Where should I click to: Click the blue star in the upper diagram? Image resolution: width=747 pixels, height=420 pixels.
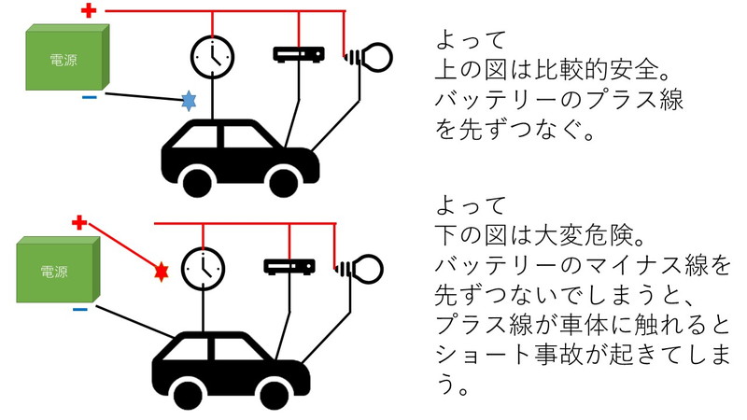point(190,101)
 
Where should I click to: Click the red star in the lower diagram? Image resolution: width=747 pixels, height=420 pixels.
point(161,272)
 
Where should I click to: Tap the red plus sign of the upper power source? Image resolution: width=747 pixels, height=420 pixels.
point(89,10)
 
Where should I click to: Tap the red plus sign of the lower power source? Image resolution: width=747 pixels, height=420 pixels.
point(79,222)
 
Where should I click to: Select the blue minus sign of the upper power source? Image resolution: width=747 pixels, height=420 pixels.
point(90,98)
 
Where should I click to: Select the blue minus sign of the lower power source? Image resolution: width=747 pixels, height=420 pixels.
point(80,310)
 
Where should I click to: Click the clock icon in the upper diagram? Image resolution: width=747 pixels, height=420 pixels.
point(213,57)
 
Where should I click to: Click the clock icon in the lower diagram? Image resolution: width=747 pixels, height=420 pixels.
point(204,269)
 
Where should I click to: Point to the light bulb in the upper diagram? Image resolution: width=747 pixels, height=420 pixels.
point(367,57)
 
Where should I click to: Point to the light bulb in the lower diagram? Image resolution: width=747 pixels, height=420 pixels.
point(359,269)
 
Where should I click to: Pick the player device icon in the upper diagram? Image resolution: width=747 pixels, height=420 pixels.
point(299,54)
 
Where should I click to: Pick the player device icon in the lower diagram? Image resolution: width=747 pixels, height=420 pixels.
point(289,267)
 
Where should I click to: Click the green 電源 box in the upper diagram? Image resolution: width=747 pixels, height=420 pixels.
point(67,57)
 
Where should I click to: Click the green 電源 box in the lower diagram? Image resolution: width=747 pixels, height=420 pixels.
point(58,270)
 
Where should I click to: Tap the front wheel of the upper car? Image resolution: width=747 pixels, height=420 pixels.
point(284,181)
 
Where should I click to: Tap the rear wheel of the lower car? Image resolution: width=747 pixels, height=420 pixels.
point(189,394)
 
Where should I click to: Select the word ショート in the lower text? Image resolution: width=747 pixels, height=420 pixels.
point(483,354)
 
